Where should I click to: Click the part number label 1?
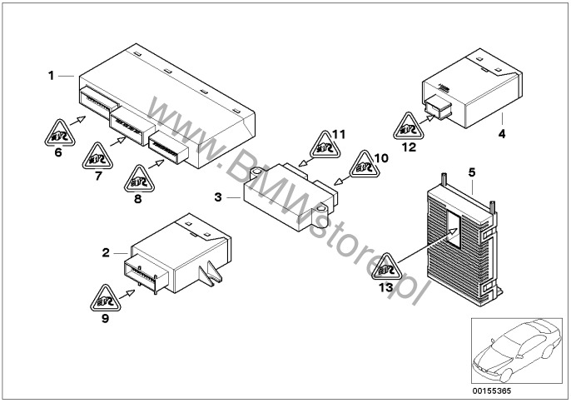(x=51, y=76)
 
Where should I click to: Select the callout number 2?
(x=106, y=251)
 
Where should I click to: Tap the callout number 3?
(x=218, y=197)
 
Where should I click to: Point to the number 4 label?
(x=502, y=132)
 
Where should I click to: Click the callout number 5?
(x=472, y=172)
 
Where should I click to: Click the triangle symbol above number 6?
(x=57, y=131)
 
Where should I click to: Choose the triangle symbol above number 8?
(x=139, y=177)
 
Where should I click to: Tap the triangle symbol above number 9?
(x=105, y=297)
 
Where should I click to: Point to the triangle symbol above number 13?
(x=385, y=268)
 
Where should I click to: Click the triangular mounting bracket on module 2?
(x=211, y=273)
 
